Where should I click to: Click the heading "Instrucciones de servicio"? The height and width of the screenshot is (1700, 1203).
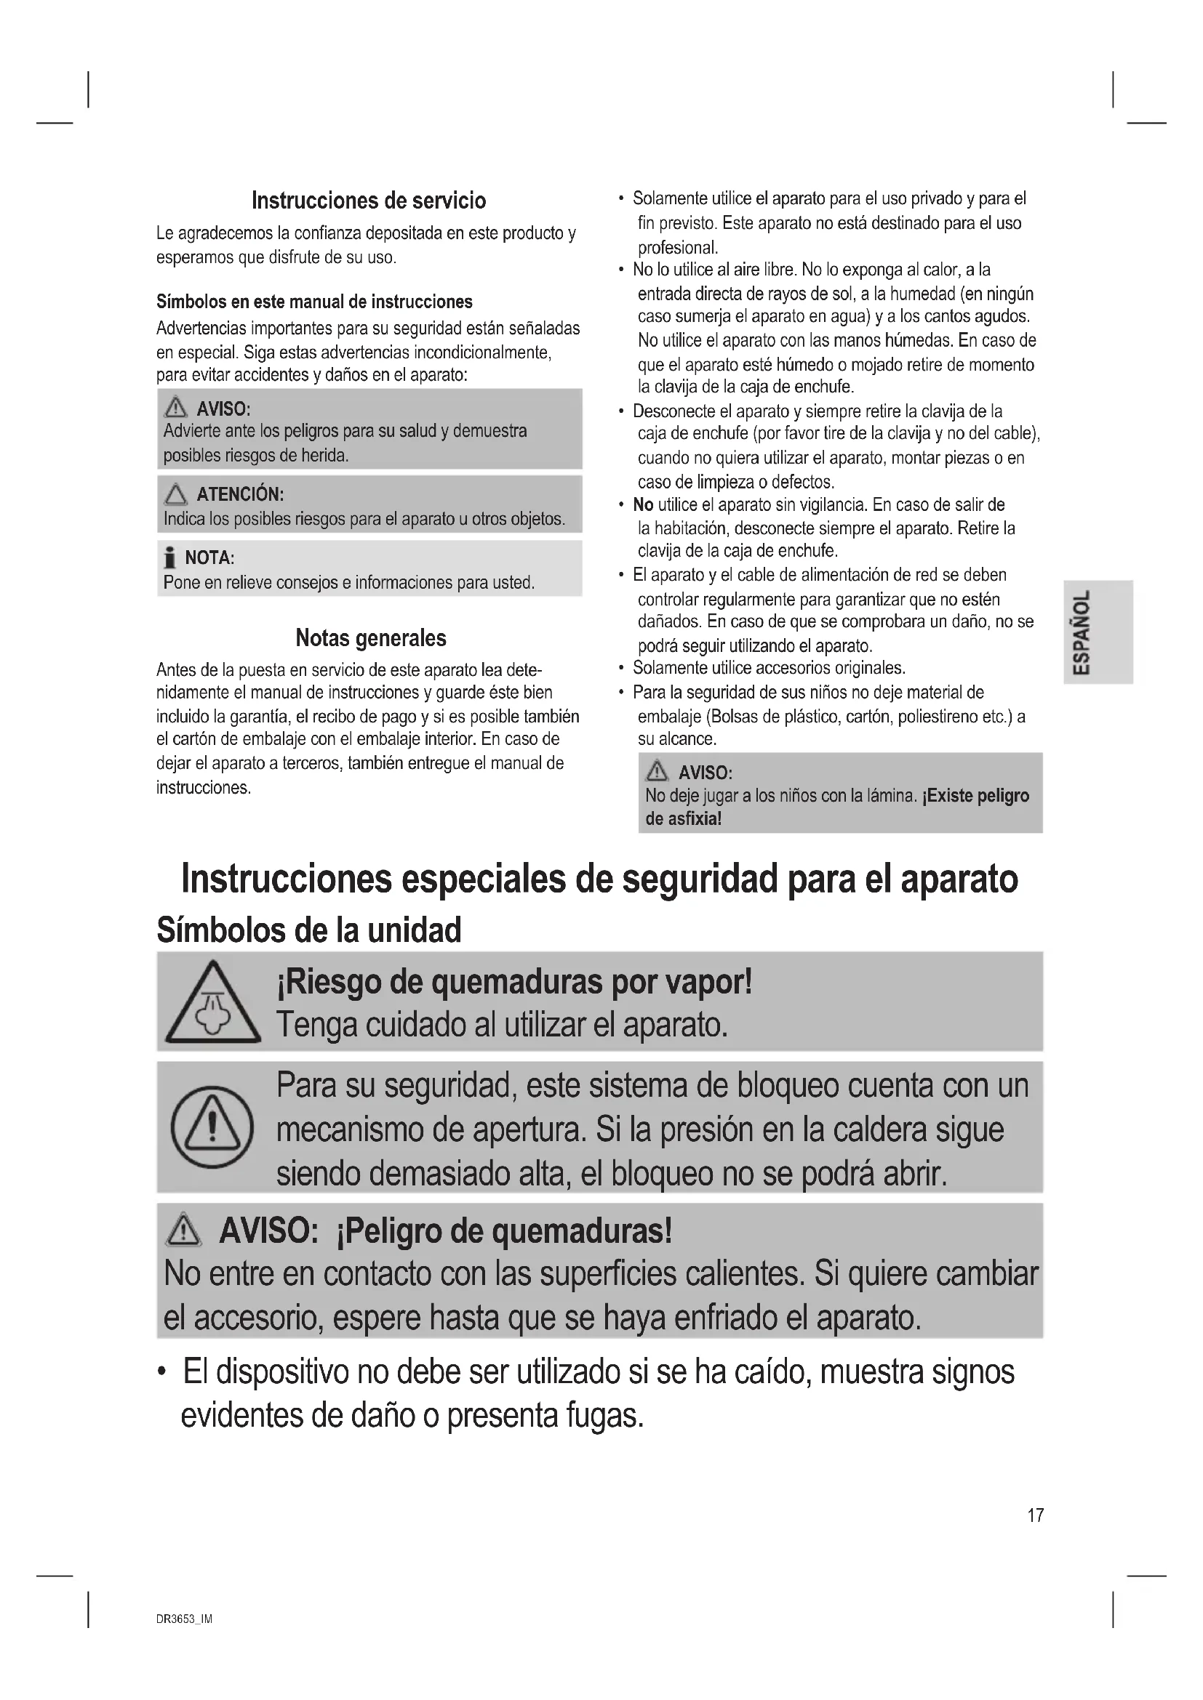369,201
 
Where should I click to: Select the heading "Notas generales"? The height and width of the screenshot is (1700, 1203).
370,637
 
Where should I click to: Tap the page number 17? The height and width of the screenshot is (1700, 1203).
1035,1515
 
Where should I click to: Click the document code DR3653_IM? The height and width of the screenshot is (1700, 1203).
185,1619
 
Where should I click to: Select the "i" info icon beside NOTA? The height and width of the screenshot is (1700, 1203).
170,557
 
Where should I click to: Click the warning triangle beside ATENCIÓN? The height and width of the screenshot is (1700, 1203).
175,494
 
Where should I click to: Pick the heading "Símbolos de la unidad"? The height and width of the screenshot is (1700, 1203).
309,930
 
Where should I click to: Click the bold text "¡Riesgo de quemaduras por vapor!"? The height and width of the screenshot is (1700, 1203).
514,983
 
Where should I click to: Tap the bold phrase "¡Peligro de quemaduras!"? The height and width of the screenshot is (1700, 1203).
504,1231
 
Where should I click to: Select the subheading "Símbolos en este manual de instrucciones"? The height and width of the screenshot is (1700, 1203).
314,302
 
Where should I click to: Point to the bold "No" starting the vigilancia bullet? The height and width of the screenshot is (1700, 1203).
643,505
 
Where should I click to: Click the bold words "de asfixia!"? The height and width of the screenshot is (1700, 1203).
683,818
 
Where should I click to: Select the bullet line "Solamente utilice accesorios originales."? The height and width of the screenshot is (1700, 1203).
769,668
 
